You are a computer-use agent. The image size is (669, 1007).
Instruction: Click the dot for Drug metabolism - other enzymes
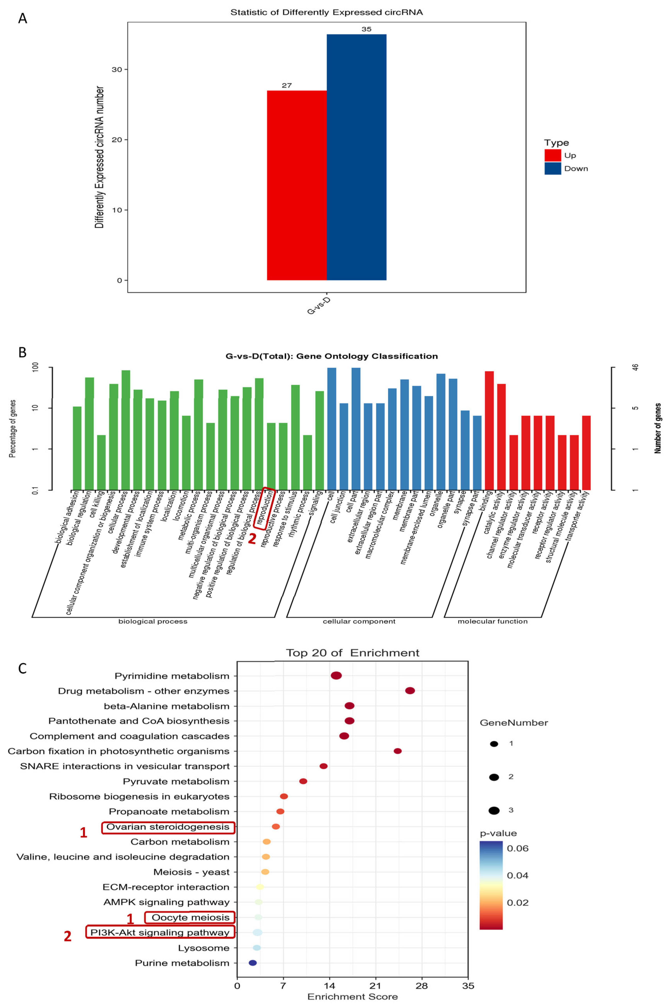(410, 691)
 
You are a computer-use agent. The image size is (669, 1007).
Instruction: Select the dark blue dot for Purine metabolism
(253, 963)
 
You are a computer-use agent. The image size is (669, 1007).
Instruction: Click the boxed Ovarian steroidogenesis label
(168, 827)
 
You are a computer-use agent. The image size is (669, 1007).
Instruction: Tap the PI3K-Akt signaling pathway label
(160, 932)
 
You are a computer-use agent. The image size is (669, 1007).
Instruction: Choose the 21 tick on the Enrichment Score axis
(375, 986)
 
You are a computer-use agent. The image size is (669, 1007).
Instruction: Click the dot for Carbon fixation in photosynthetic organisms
(398, 751)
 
